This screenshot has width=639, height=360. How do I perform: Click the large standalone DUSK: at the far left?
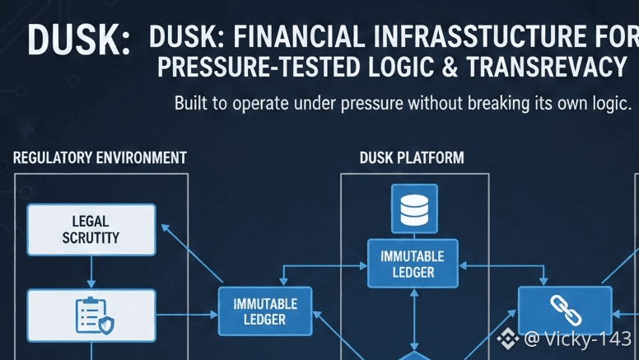click(x=78, y=41)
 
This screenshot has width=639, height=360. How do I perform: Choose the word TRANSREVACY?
click(x=547, y=68)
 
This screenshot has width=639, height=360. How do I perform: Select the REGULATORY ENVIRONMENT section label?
click(x=100, y=157)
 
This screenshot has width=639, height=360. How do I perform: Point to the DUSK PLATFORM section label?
click(x=412, y=157)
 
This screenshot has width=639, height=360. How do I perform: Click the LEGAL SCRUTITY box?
click(x=91, y=229)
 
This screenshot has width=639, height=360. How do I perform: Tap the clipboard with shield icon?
click(x=91, y=314)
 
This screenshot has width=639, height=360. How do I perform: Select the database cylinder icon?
click(x=413, y=209)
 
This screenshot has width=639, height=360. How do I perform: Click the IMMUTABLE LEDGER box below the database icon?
click(x=413, y=264)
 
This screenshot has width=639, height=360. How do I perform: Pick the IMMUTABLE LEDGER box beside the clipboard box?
click(x=264, y=311)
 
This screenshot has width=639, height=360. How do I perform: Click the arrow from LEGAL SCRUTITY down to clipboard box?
click(x=91, y=272)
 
